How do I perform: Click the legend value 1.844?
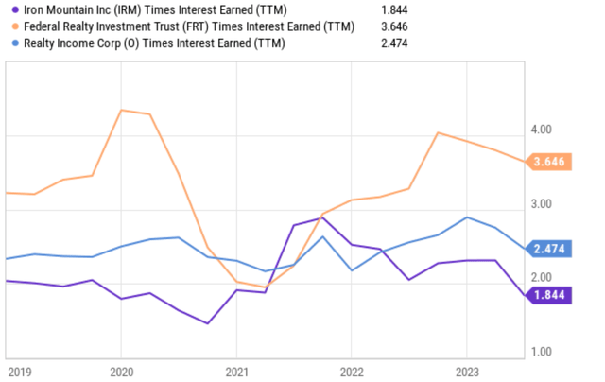click(393, 9)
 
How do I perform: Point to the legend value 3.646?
click(393, 26)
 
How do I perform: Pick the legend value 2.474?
click(393, 43)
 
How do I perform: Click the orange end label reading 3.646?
click(548, 163)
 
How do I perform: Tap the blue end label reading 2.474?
click(548, 249)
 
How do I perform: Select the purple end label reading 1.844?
click(548, 296)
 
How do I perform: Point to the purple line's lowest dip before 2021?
click(207, 323)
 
